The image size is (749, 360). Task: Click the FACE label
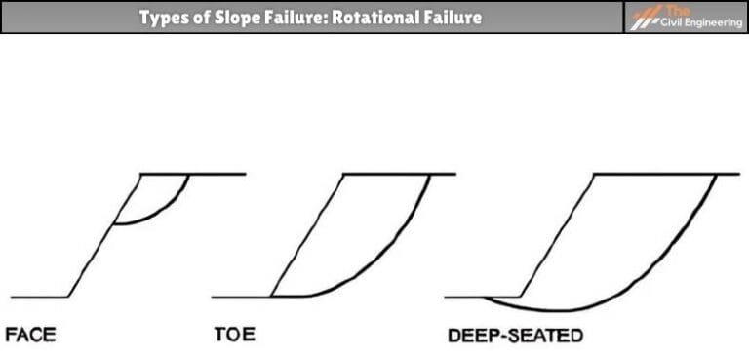pos(30,336)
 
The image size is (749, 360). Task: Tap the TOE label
pos(234,336)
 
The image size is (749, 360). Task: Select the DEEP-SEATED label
pos(514,337)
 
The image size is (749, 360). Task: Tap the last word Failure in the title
pos(452,18)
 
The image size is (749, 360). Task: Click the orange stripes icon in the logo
pos(645,19)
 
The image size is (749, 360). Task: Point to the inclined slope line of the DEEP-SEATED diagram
pos(556,234)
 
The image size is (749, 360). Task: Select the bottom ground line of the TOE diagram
pos(239,296)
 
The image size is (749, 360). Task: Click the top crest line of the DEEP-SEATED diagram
pos(663,174)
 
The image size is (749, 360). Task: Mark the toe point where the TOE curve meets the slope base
pos(271,296)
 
